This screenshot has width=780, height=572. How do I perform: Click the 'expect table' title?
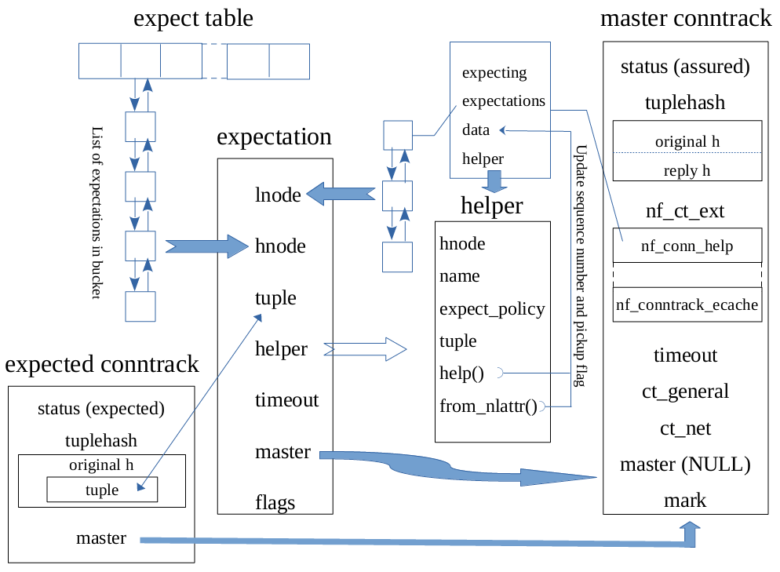click(x=194, y=19)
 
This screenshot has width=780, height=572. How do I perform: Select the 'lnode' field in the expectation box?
click(x=278, y=195)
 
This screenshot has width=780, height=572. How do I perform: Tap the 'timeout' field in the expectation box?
click(x=286, y=400)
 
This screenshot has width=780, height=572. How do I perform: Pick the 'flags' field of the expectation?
click(x=275, y=502)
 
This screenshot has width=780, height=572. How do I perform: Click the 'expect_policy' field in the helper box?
click(x=492, y=308)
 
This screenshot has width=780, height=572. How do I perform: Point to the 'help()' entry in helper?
click(x=461, y=373)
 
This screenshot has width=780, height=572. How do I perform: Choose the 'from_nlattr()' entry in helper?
click(x=488, y=406)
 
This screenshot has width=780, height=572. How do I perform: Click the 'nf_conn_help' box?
click(x=687, y=246)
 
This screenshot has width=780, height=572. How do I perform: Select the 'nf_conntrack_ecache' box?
click(x=687, y=304)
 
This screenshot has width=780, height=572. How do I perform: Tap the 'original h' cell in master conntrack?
click(x=687, y=141)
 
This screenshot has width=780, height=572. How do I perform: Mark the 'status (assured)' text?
click(x=685, y=67)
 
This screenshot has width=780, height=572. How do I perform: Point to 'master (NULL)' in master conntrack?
click(x=685, y=465)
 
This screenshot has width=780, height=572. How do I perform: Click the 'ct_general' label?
click(x=685, y=392)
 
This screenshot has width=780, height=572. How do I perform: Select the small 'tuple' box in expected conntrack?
click(x=102, y=490)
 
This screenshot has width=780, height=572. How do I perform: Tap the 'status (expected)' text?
click(x=101, y=409)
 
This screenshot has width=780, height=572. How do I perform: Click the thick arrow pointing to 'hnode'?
click(x=201, y=246)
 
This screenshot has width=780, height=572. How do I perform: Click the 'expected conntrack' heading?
click(x=102, y=365)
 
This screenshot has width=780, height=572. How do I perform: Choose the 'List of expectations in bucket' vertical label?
click(x=97, y=212)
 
